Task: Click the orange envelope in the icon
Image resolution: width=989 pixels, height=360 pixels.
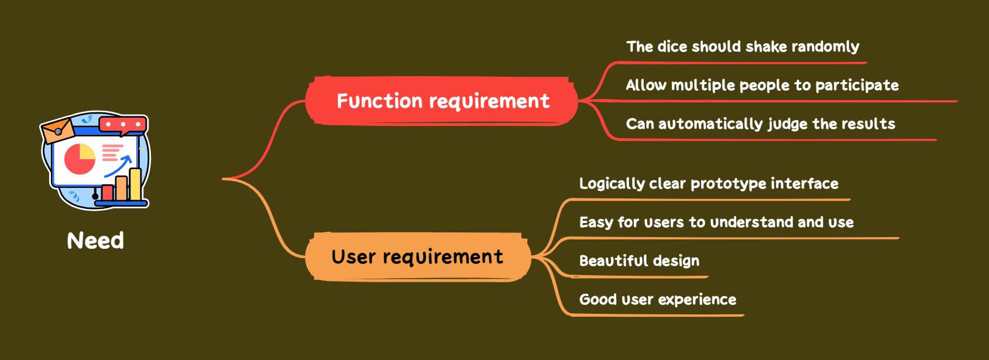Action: (x=57, y=130)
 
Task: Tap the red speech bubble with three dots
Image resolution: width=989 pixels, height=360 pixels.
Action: (x=123, y=124)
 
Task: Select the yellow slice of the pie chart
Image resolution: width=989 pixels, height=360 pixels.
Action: (x=87, y=152)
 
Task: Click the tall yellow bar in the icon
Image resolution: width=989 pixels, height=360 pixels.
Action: (x=135, y=184)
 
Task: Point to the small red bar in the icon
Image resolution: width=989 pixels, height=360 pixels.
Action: (x=108, y=193)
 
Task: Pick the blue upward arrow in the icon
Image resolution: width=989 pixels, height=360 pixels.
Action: (x=119, y=165)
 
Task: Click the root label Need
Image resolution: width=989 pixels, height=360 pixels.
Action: (x=95, y=241)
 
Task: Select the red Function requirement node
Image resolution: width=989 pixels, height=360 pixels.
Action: (x=442, y=101)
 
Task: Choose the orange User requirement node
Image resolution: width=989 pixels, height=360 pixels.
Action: (x=417, y=256)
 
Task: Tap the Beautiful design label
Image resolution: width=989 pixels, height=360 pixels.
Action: (x=639, y=261)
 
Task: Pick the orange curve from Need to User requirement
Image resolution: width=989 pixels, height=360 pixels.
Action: (x=270, y=217)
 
